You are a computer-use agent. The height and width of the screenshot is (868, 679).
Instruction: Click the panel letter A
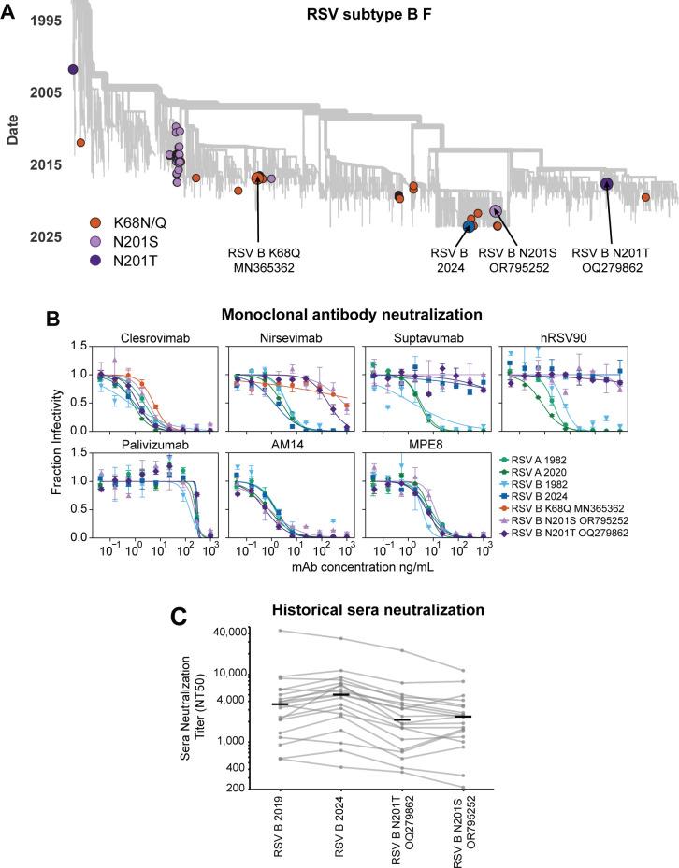[9, 10]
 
